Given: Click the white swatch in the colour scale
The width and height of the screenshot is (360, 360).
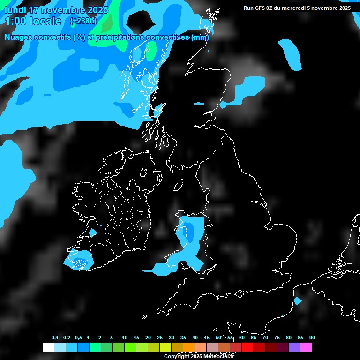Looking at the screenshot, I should [x=48, y=347].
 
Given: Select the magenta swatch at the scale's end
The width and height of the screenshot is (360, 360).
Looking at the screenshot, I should [x=306, y=347].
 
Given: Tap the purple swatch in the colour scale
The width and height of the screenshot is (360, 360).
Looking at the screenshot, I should [x=294, y=347].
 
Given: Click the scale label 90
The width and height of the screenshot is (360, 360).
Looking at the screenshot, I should [x=312, y=337].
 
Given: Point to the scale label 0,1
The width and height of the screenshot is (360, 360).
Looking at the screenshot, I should [x=55, y=337].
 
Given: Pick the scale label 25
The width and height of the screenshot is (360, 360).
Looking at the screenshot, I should [x=160, y=337].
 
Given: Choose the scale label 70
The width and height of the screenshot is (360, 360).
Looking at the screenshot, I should [x=265, y=337].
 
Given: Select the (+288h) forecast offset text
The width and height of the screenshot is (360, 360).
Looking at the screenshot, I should [x=83, y=21].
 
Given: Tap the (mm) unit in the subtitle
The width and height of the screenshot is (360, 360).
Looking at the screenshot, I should [x=200, y=37].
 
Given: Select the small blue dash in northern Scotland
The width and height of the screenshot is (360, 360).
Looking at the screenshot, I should [x=199, y=103].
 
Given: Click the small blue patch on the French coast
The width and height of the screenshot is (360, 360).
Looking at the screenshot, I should [x=297, y=300].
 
